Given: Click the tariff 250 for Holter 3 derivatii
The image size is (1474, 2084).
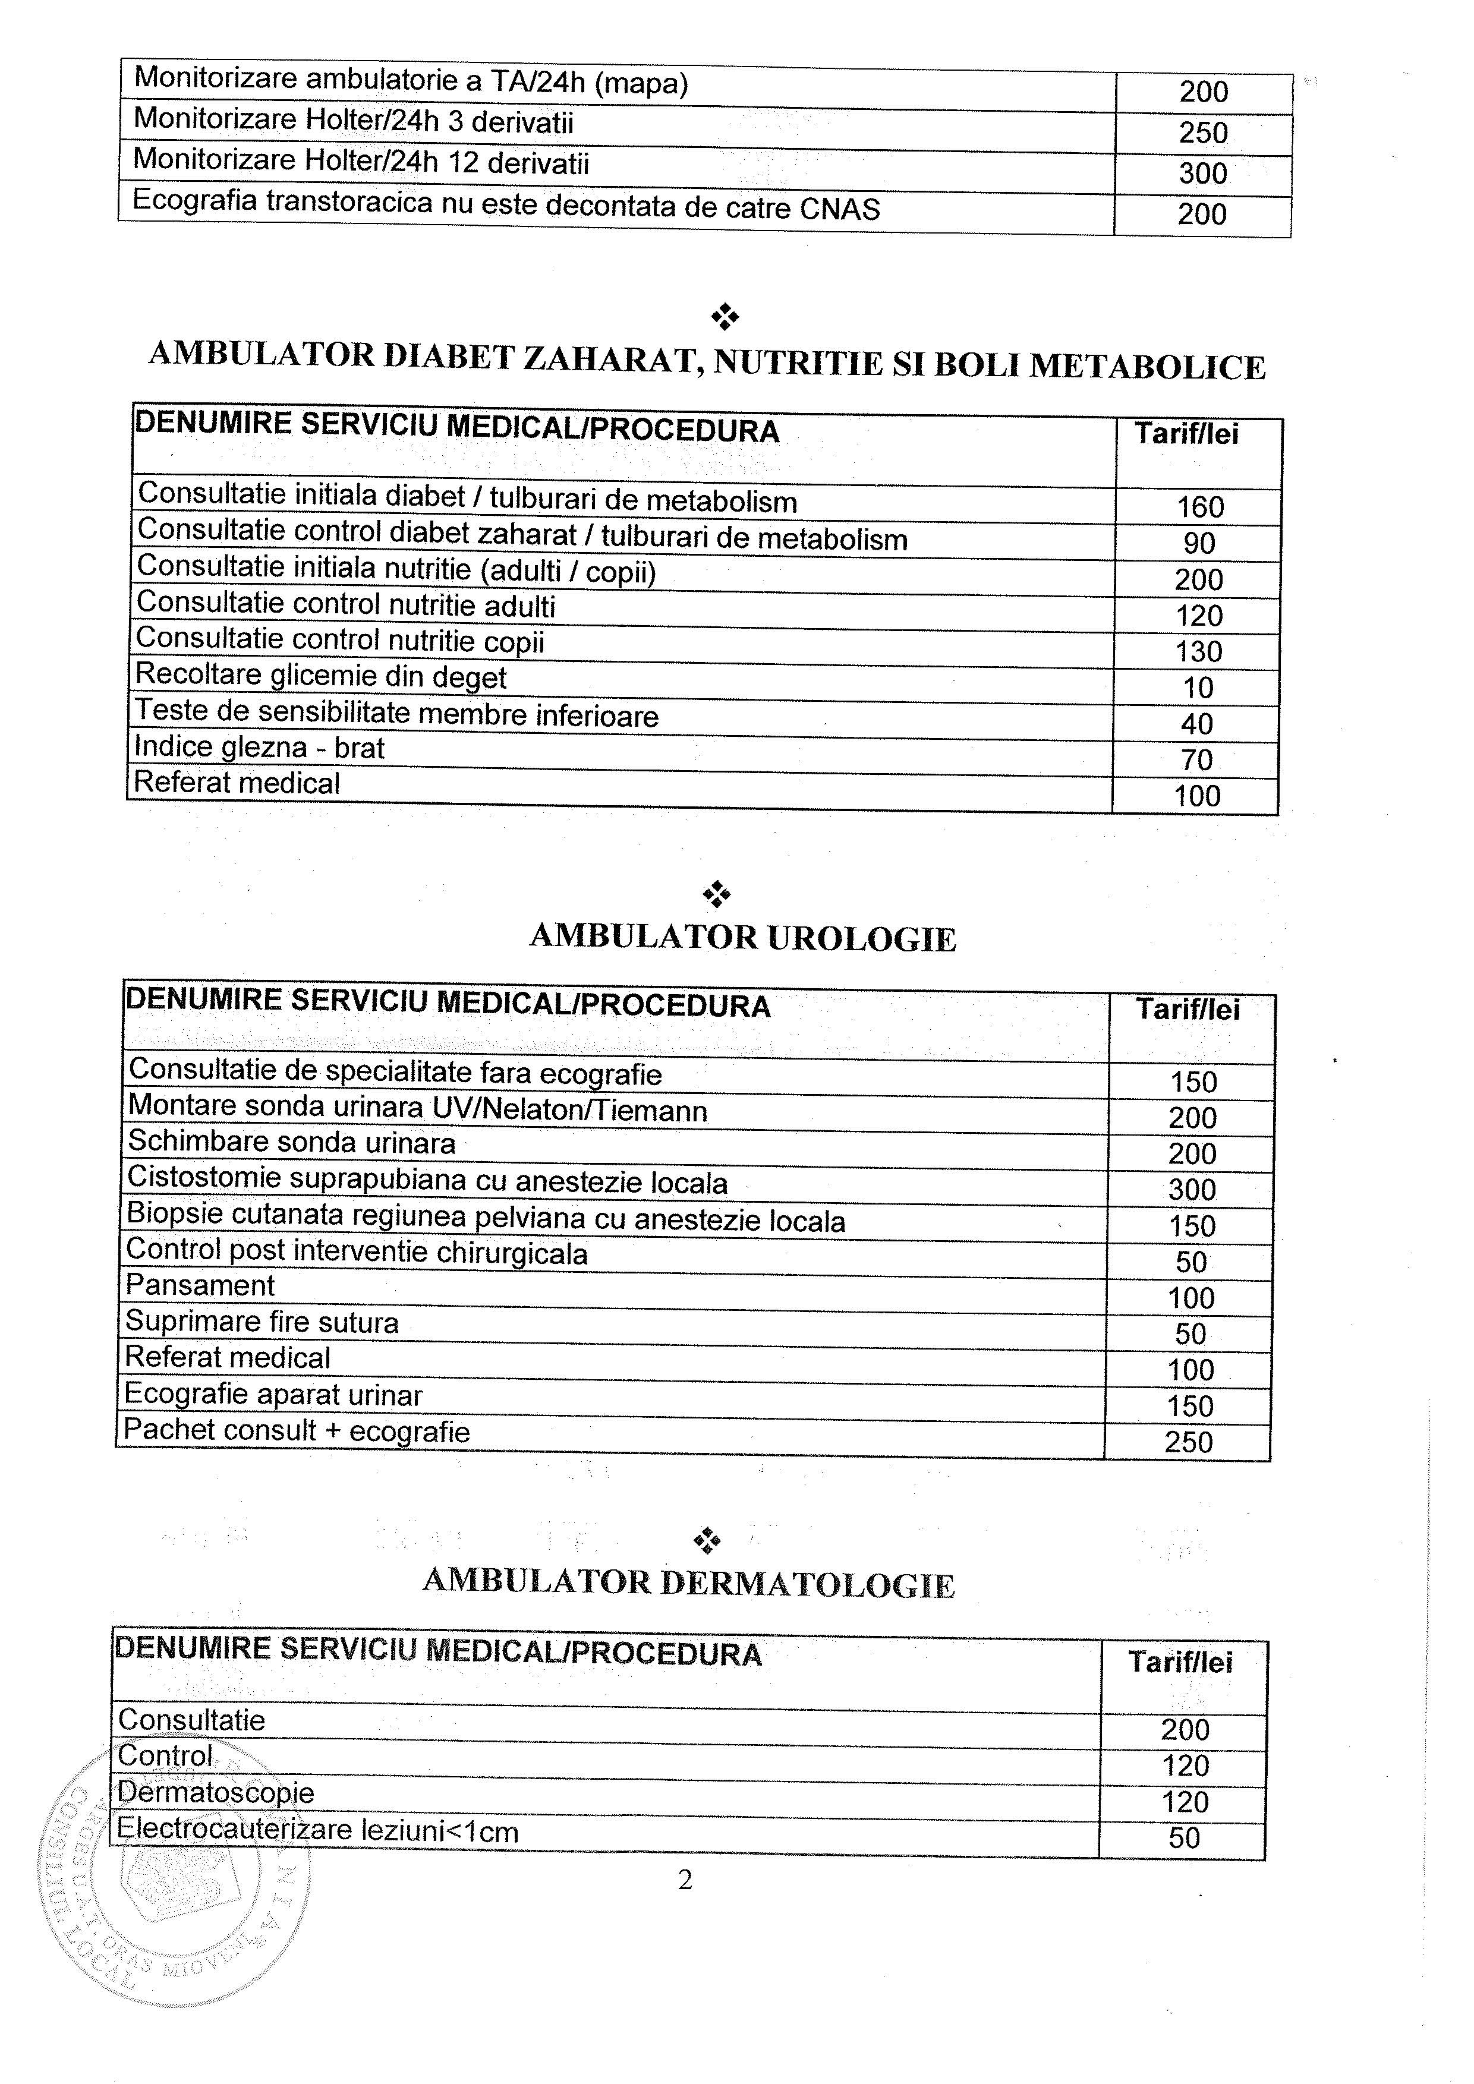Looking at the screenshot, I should click(1202, 133).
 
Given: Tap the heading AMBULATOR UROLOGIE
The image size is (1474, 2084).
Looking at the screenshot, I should click(742, 938).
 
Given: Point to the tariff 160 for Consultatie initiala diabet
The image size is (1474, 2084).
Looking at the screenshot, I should click(1200, 506).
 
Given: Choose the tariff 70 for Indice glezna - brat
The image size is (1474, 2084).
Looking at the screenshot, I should click(1196, 759).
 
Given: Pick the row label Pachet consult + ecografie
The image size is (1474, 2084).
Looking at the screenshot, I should click(297, 1432).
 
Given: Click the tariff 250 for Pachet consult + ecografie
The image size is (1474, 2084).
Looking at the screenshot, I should click(1188, 1442).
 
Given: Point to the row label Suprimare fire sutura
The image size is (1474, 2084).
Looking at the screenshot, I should click(262, 1322).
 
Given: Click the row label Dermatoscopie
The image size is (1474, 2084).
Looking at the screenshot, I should click(216, 1793).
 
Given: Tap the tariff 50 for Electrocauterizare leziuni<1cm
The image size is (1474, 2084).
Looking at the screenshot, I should click(1185, 1838).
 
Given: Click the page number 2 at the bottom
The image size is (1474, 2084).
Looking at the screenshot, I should click(685, 1880).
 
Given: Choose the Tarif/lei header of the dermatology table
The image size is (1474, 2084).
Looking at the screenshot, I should click(1180, 1662).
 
